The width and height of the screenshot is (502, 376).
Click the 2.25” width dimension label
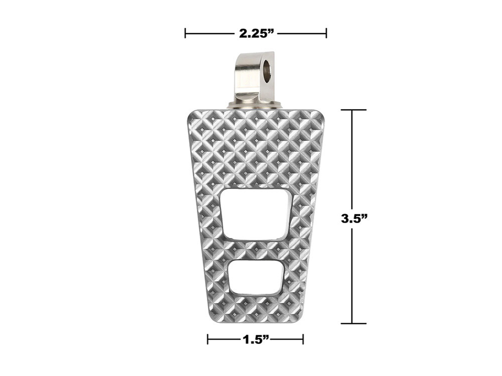[256, 34]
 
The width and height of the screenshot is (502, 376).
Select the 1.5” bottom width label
[255, 340]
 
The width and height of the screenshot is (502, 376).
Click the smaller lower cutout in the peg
[255, 277]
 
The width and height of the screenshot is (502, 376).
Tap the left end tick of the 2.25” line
[186, 34]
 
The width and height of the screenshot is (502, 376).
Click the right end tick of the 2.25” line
[326, 34]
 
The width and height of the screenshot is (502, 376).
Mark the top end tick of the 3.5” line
[351, 110]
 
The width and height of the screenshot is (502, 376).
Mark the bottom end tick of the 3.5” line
[351, 323]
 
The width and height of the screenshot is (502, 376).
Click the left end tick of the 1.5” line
[208, 340]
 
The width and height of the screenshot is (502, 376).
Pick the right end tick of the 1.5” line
[303, 340]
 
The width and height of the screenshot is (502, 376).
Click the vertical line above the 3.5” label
[351, 160]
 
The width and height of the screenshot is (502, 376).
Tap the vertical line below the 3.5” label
[351, 281]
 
